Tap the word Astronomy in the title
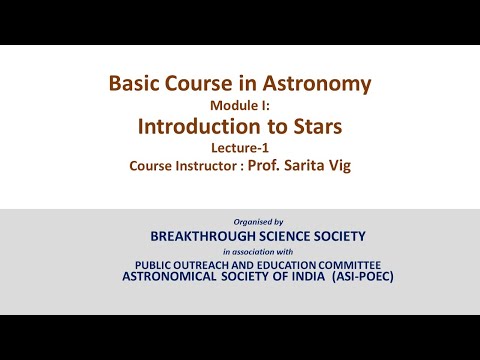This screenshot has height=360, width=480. [321, 83]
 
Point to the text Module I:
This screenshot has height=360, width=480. [239, 105]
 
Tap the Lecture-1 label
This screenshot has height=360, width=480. [240, 147]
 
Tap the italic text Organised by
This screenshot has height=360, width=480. [258, 221]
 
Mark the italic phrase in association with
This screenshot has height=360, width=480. [258, 251]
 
